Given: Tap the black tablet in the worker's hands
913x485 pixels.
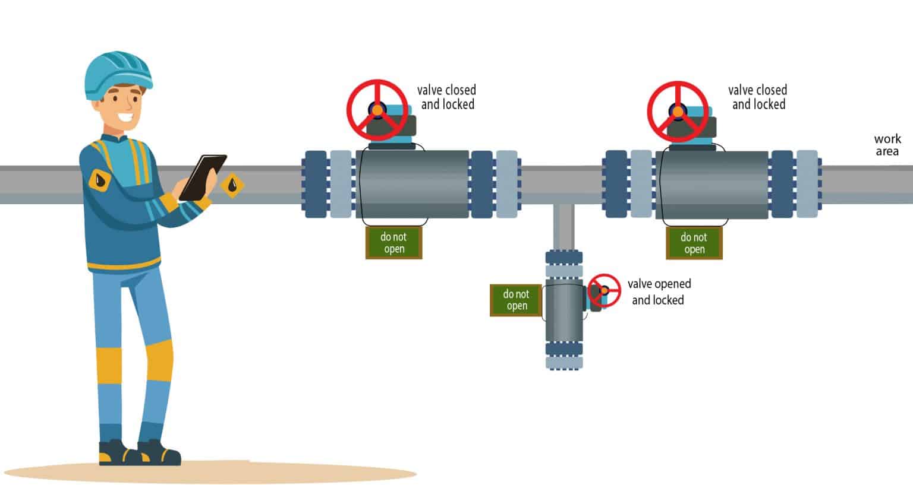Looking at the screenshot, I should (203, 177).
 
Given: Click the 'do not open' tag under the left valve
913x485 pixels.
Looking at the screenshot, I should (393, 243).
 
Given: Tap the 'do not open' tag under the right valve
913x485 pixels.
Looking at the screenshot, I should (694, 243).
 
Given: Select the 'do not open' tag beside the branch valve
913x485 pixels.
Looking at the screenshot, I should (516, 300).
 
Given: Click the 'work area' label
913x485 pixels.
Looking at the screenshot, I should (887, 145).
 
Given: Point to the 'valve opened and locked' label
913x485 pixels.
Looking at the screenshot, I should (659, 292).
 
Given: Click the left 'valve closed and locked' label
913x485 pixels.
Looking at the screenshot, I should (447, 97).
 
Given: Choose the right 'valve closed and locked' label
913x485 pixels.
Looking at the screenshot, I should (758, 97).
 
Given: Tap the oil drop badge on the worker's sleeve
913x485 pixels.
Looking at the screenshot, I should (100, 179).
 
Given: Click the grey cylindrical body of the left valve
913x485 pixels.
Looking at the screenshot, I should (413, 184).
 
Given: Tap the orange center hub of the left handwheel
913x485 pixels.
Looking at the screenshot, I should (377, 110).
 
